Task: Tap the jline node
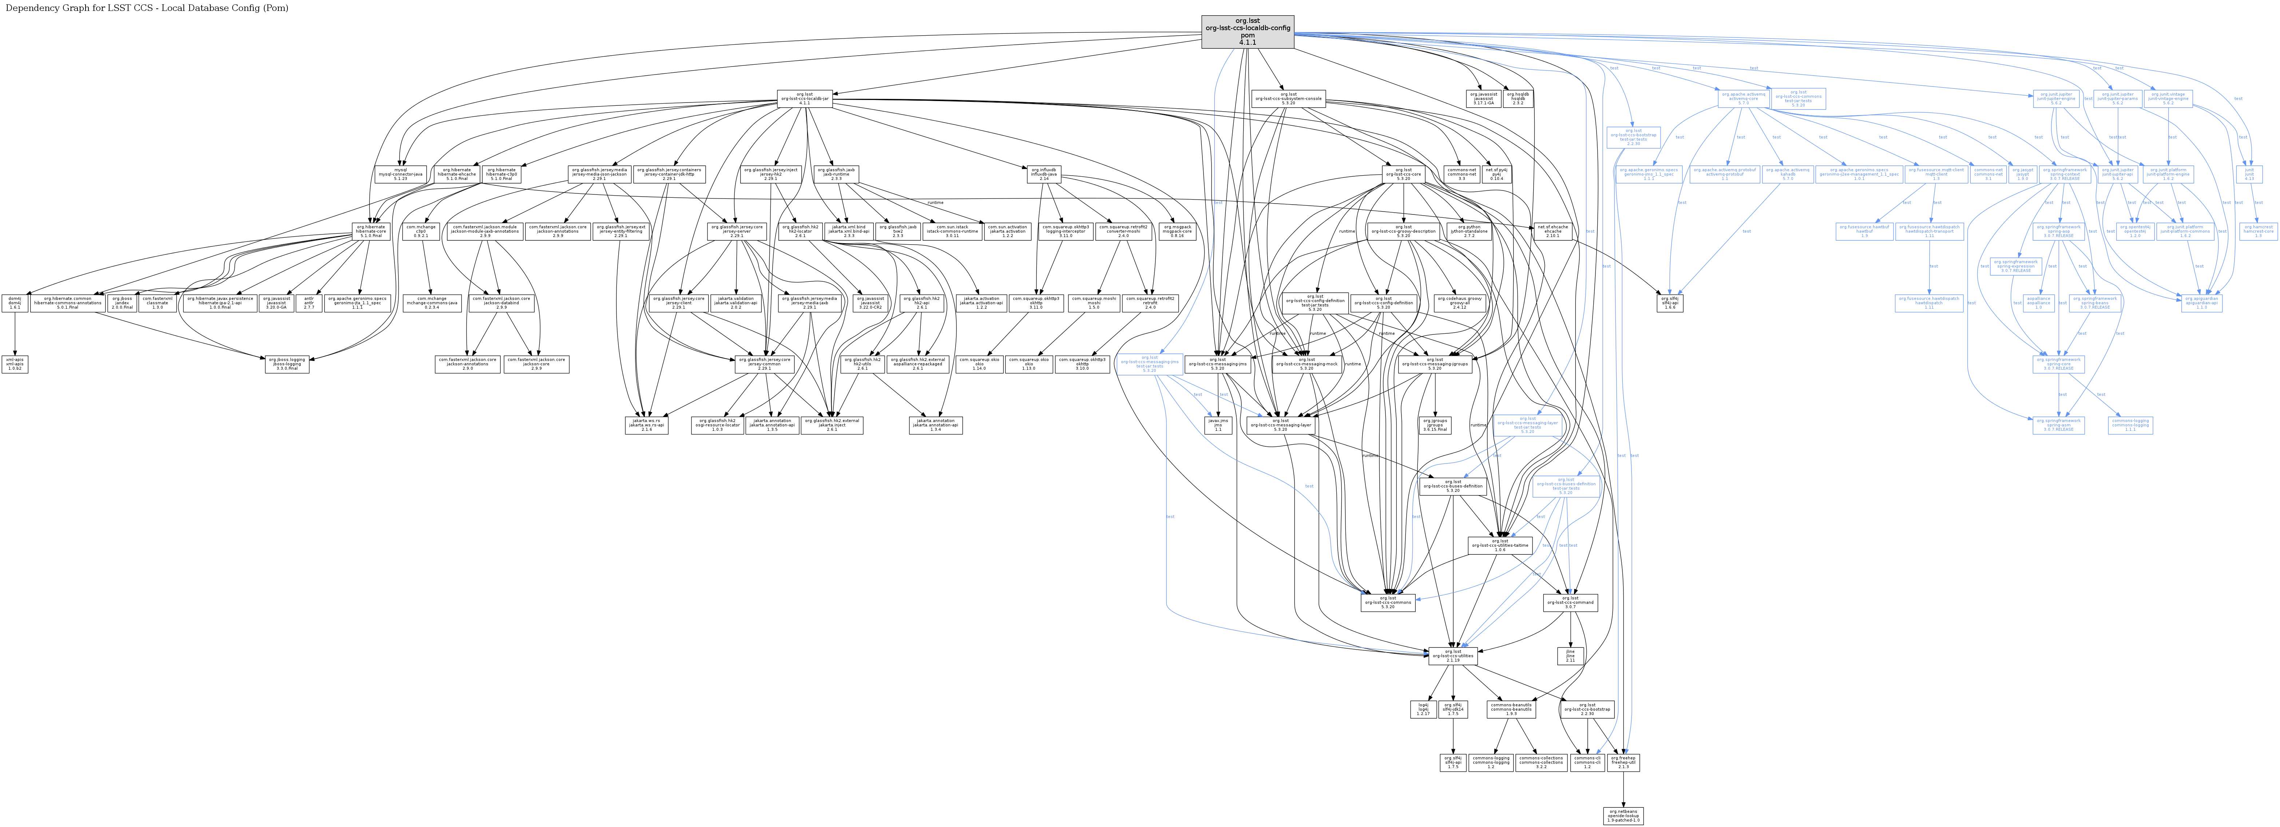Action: point(1570,655)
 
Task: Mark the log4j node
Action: point(1423,709)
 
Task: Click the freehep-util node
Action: point(1623,762)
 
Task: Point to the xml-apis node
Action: point(15,364)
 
